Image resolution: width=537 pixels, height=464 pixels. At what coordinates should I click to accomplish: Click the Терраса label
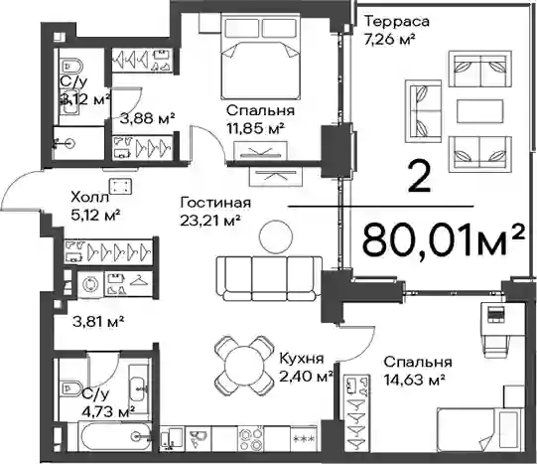[x=397, y=22]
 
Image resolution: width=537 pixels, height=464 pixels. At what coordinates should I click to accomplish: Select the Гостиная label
[x=215, y=203]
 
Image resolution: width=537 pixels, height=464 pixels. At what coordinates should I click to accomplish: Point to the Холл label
[x=89, y=198]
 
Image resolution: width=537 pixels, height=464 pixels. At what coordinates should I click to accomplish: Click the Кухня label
[x=302, y=359]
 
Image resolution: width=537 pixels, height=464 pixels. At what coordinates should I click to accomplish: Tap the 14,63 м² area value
[x=414, y=380]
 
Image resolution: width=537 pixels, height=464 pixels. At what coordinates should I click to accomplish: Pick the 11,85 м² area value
[x=255, y=129]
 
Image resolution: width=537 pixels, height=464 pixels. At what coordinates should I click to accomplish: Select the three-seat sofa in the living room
[x=269, y=278]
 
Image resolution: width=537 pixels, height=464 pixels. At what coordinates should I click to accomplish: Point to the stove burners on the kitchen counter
[x=251, y=438]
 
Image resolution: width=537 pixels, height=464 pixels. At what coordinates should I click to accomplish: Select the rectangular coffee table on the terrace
[x=480, y=111]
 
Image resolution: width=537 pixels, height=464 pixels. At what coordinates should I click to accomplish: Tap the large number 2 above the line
[x=419, y=177]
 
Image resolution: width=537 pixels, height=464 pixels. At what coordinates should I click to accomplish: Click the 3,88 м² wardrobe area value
[x=148, y=119]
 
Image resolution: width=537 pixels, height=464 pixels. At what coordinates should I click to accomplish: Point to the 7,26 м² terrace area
[x=390, y=40]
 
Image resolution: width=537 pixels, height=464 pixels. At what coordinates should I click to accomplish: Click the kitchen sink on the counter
[x=198, y=438]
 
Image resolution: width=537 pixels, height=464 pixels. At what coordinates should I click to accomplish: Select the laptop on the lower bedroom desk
[x=496, y=315]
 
